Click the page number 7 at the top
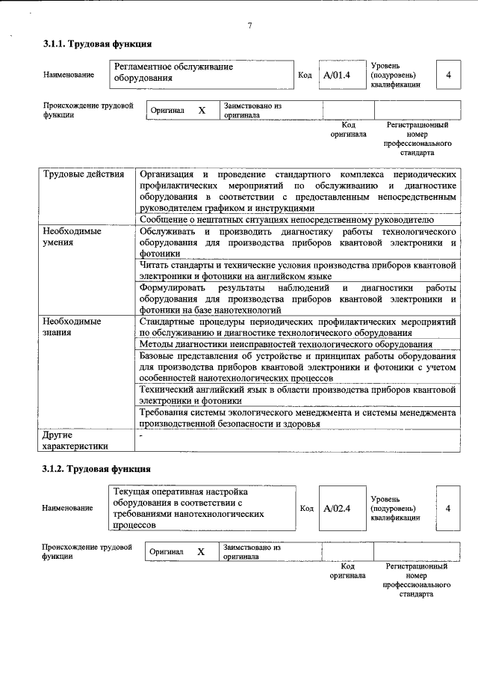point(249,27)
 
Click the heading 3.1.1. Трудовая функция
point(97,45)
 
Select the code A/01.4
point(337,75)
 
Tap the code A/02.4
point(337,509)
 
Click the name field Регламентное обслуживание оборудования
point(200,73)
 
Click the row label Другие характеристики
point(75,440)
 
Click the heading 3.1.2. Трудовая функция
point(97,470)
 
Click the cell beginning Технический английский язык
point(297,395)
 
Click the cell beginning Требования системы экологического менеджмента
point(297,417)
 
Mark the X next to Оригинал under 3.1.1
point(202,111)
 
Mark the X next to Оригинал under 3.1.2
point(201,551)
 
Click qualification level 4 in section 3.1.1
point(448,75)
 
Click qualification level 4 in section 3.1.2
point(448,509)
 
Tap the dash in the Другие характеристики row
point(141,435)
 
